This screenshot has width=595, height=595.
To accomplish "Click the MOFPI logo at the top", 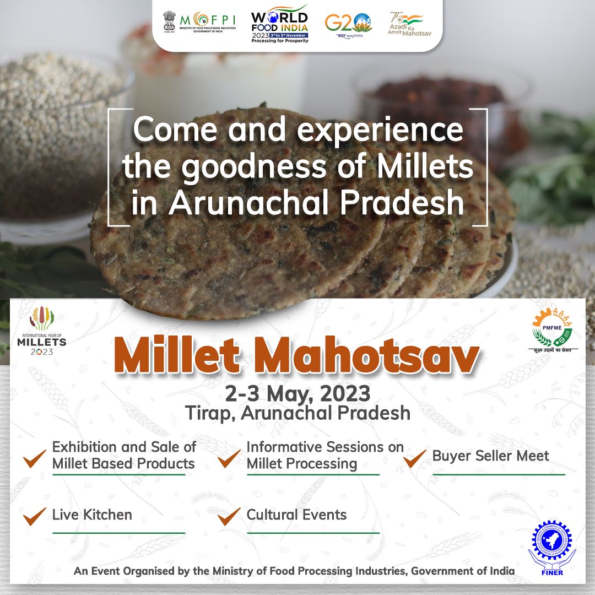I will [x=199, y=22].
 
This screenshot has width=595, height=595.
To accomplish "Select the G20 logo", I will [x=348, y=23].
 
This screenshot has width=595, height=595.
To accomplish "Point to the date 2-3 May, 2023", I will [x=297, y=393].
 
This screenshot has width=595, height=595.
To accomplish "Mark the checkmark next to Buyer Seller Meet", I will [x=414, y=457].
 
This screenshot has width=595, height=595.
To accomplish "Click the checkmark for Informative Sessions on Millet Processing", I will [x=229, y=457].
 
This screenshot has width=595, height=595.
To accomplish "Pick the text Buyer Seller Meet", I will [x=490, y=456].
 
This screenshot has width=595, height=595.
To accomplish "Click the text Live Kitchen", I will [x=92, y=515].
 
